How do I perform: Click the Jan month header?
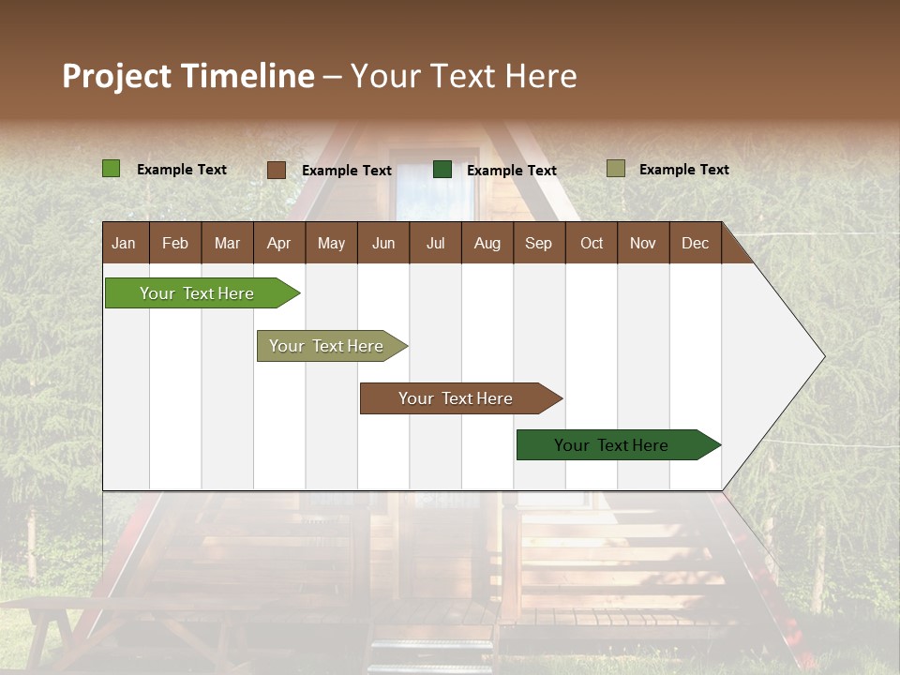click(x=124, y=243)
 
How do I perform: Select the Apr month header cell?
click(x=278, y=243)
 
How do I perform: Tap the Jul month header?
click(x=435, y=243)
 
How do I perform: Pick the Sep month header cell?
click(x=538, y=243)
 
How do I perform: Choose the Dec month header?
click(x=695, y=243)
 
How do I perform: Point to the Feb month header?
click(x=175, y=243)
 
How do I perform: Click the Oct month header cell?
click(x=592, y=243)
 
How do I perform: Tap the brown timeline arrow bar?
click(x=457, y=398)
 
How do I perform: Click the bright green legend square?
click(x=112, y=169)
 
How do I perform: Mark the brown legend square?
click(x=277, y=170)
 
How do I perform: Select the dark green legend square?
click(x=442, y=170)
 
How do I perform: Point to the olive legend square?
click(x=616, y=169)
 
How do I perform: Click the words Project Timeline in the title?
click(x=187, y=76)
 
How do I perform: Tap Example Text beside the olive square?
click(x=683, y=170)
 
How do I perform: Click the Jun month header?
click(x=383, y=243)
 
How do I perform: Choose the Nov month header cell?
click(x=643, y=243)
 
